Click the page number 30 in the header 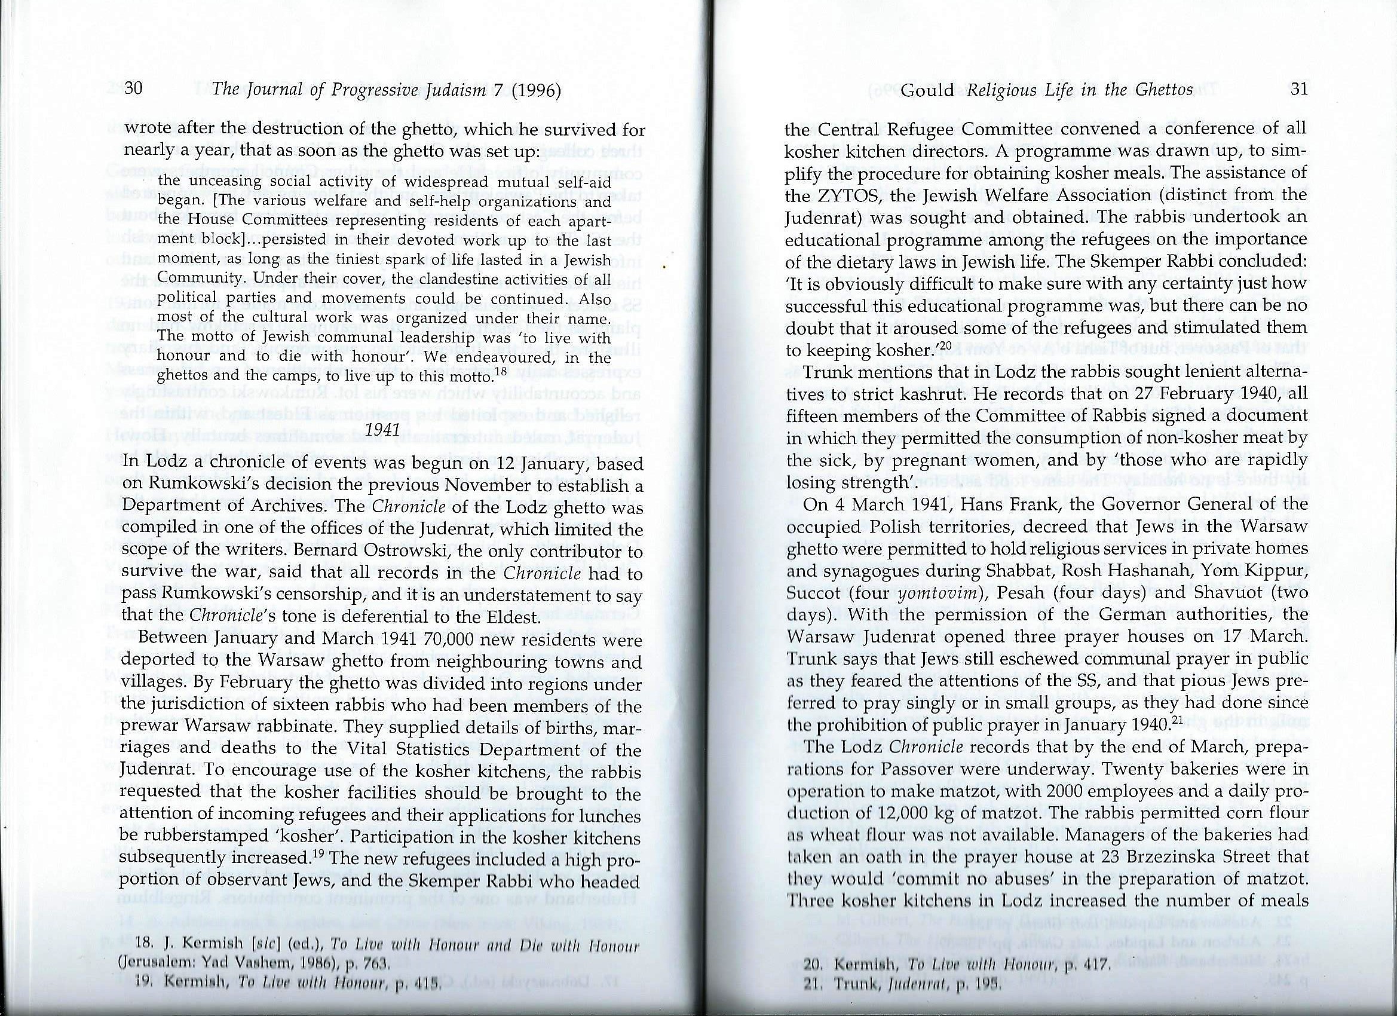[x=134, y=90]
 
